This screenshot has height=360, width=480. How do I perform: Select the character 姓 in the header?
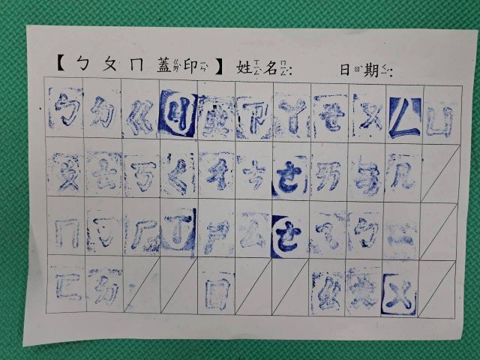pos(243,67)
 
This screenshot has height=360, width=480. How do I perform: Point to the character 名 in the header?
pos(271,67)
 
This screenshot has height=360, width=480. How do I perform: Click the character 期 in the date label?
pos(369,70)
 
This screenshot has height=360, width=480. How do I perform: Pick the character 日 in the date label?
pos(345,70)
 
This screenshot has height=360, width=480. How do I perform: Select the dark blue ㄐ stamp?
pos(177,118)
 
